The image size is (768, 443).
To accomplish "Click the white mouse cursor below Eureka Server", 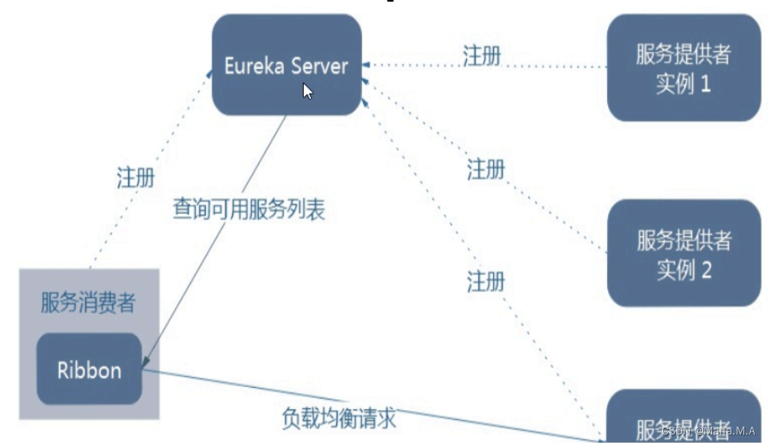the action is click(x=307, y=91).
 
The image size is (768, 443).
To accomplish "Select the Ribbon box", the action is click(x=90, y=370).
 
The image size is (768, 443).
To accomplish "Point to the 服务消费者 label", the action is click(x=87, y=303).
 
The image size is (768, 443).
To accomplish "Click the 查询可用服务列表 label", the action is click(x=248, y=209).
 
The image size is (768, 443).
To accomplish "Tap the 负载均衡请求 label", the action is click(x=338, y=418).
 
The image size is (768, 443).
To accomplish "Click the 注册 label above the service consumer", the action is click(x=136, y=178).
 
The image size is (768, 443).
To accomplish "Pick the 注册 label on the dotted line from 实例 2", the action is click(x=485, y=169).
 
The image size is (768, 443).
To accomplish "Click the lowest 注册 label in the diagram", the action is click(x=485, y=281).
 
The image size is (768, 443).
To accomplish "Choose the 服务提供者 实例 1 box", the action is click(x=683, y=68).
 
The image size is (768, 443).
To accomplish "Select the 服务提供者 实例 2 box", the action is click(x=683, y=254).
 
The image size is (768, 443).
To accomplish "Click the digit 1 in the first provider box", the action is click(x=705, y=84).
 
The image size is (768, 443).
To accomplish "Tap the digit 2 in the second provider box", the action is click(x=705, y=270).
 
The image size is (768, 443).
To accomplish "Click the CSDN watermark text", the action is click(x=708, y=431).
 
